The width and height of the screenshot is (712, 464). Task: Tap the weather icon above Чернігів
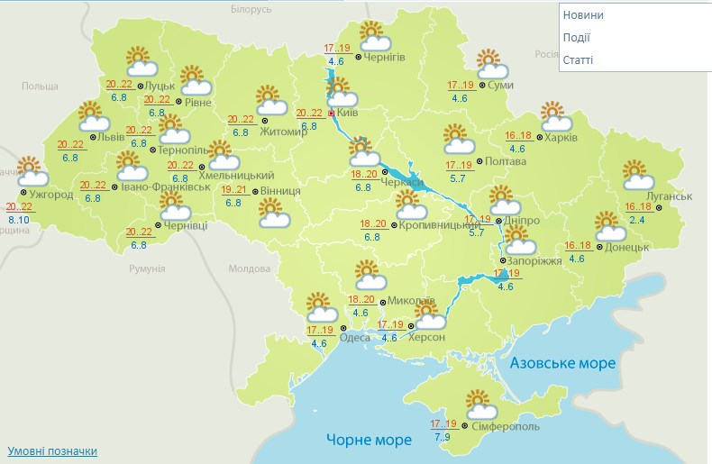click(x=375, y=37)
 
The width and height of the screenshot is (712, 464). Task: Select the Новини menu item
click(x=583, y=15)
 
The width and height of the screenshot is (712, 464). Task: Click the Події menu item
click(x=576, y=37)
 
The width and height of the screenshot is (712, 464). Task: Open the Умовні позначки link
click(x=52, y=450)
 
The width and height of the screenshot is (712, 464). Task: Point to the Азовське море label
click(x=563, y=363)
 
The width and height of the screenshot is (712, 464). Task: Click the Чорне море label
click(x=368, y=440)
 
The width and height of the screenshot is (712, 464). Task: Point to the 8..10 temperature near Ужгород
click(x=19, y=219)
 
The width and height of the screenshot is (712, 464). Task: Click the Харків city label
click(x=561, y=138)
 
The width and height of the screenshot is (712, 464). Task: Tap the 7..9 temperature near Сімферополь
click(x=443, y=437)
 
